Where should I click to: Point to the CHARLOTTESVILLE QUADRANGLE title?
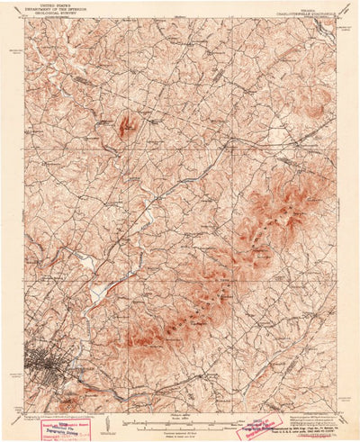[x=301, y=11]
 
